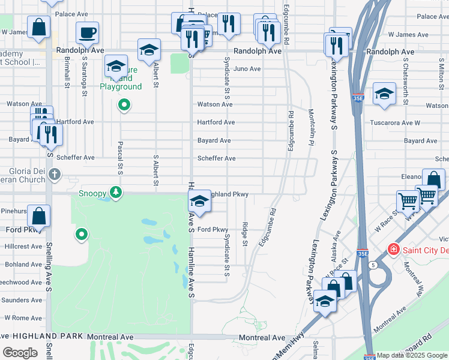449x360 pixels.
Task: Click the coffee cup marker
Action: [x=88, y=32]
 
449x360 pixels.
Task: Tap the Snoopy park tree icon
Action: [x=116, y=193]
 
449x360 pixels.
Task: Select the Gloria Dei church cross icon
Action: [x=54, y=175]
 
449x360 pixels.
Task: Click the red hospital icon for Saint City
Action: [x=394, y=248]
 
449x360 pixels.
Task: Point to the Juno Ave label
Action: [x=247, y=69]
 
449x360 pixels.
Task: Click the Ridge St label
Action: [x=245, y=233]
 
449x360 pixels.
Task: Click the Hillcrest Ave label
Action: [x=23, y=247]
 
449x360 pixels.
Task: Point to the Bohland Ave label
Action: [x=23, y=265]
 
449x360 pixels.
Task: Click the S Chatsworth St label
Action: [x=406, y=78]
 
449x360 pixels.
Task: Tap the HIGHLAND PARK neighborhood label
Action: [x=42, y=337]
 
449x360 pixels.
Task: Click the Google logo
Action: [x=20, y=353]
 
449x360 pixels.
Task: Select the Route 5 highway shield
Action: [x=372, y=265]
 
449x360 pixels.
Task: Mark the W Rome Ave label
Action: [x=23, y=318]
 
